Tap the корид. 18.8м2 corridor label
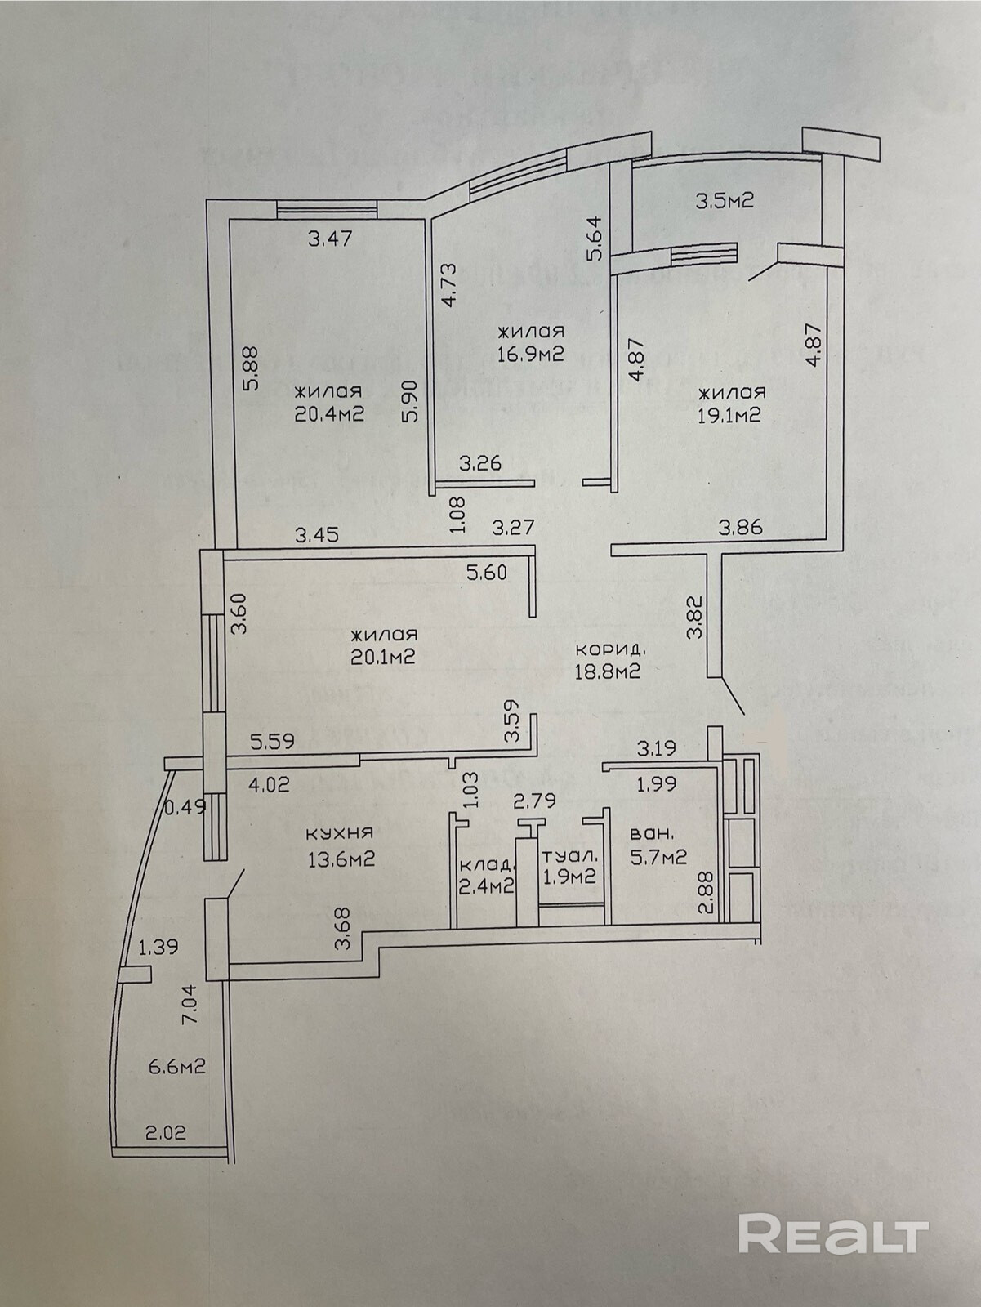coord(610,661)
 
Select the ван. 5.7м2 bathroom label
coord(657,846)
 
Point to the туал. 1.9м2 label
coord(570,866)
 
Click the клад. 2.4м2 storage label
coord(486,875)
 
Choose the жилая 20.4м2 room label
coord(329,402)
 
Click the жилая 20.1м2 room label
coord(384,645)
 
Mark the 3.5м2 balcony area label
coord(723,200)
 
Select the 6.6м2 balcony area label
coord(175,1066)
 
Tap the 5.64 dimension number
coord(595,237)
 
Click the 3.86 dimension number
coord(740,527)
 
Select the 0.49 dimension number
coord(185,808)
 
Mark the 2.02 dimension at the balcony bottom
coord(166,1133)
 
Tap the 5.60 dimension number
coord(486,573)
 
